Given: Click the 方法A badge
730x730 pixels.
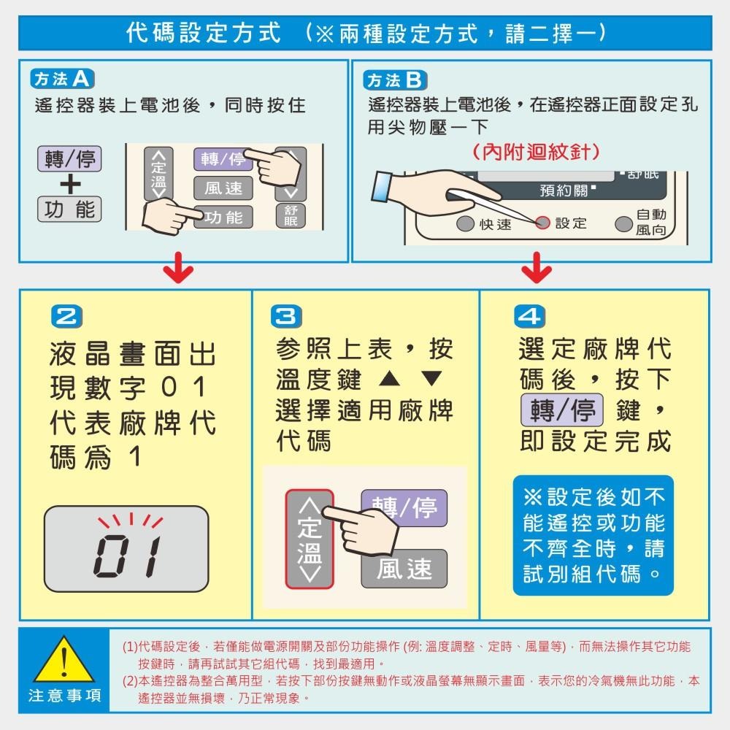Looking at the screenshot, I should tap(64, 79).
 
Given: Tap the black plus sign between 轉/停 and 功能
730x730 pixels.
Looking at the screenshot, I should tap(69, 184).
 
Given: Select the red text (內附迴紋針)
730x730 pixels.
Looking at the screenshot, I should tap(537, 152).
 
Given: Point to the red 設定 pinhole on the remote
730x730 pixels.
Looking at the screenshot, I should tap(542, 223).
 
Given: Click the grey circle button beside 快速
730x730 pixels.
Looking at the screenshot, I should tap(466, 223).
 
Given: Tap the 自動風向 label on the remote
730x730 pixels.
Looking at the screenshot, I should tap(650, 222).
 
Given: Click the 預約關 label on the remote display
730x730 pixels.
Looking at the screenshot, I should tap(566, 191).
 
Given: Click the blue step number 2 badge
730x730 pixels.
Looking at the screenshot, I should tap(65, 317).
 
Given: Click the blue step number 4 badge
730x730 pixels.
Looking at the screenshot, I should tap(529, 317).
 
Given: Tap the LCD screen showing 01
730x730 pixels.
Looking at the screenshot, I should tap(127, 548).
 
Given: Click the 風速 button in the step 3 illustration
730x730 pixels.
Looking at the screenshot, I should tap(404, 569).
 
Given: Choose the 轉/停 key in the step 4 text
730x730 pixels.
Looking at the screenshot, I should tap(561, 410).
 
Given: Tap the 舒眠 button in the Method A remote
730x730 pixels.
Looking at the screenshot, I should tap(291, 216).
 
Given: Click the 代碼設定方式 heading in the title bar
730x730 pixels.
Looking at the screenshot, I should tap(204, 33).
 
